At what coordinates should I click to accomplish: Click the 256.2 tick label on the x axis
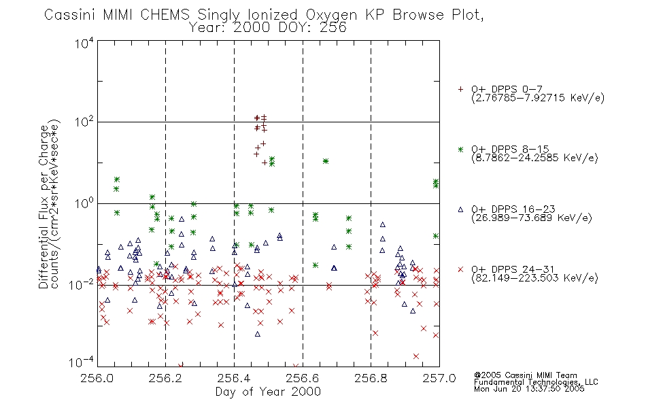165,378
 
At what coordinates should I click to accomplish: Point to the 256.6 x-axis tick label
303,378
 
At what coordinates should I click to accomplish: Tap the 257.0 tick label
439,378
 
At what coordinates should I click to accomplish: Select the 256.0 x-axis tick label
97,378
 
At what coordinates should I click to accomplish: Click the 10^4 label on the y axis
84,43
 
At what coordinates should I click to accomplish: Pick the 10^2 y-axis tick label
84,122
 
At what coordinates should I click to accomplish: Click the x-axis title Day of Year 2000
268,392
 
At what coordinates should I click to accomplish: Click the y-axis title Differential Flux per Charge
44,207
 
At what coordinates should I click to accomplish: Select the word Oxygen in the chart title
331,15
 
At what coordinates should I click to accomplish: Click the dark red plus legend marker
460,89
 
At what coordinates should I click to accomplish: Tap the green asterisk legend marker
460,149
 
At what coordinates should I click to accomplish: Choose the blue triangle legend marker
460,209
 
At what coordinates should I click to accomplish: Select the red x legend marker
460,269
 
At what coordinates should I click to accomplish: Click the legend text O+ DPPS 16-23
513,209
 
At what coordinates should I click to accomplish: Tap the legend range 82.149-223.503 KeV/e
534,277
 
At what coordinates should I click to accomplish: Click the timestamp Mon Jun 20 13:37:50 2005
529,389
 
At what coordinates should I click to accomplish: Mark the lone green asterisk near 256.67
326,161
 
